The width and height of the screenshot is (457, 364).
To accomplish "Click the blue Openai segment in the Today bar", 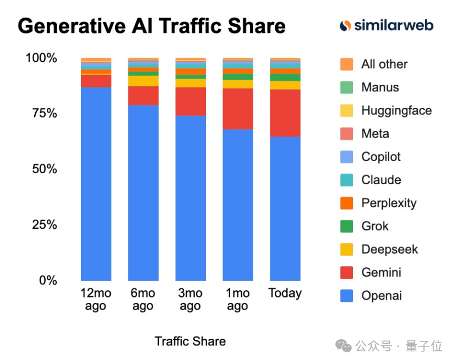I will tap(285, 209).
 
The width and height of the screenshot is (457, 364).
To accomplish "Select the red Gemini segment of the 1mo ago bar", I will tap(238, 109).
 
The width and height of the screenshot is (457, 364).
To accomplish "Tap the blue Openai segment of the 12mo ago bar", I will tap(96, 184).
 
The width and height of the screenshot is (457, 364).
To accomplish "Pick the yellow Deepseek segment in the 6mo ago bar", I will tap(143, 81).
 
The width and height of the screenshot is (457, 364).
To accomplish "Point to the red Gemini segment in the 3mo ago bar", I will tap(191, 101).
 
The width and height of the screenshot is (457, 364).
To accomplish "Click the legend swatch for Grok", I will tap(346, 226).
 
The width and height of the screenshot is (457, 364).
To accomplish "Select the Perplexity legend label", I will tap(389, 203).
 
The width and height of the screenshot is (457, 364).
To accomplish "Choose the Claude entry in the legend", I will tap(381, 180).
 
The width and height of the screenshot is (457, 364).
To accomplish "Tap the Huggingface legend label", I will tap(396, 111).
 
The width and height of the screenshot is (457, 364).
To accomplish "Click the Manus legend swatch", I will tap(346, 87).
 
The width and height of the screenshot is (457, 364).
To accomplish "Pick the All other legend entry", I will tap(384, 64).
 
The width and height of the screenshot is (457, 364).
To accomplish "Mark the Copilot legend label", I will tap(381, 157).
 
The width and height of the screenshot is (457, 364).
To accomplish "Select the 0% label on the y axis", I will tap(47, 280).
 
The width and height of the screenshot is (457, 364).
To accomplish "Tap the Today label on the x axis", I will tap(285, 293).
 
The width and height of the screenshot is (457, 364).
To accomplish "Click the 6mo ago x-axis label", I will tap(143, 300).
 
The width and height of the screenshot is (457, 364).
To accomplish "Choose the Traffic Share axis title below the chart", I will tap(190, 341).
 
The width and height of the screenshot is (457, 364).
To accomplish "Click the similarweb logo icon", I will tap(345, 25).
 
